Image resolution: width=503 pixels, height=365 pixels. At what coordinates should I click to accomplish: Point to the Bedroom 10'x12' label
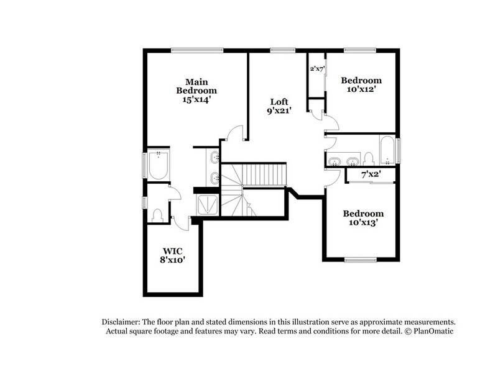coord(361,84)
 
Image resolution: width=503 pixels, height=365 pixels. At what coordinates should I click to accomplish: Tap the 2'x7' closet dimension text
coord(317,69)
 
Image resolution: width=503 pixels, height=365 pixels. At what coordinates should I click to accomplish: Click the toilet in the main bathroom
coord(157,215)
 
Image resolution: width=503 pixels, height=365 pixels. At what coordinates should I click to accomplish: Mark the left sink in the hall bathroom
coord(335,161)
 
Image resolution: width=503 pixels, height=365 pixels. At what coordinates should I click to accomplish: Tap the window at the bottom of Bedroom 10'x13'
coord(362,259)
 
